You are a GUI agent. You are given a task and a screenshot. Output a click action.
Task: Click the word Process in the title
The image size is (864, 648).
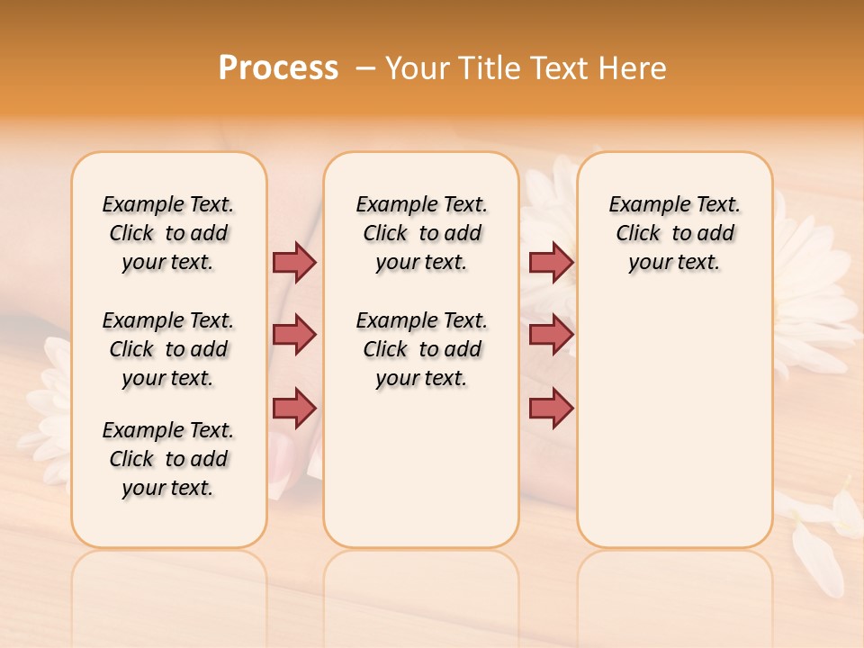(x=278, y=68)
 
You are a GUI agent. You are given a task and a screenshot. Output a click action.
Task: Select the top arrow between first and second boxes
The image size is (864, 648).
(x=294, y=262)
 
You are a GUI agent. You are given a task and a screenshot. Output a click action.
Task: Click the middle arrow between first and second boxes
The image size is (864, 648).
(x=294, y=335)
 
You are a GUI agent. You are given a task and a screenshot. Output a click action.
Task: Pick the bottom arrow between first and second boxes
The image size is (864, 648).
(x=294, y=408)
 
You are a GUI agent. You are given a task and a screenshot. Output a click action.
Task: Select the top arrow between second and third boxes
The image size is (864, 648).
(x=551, y=262)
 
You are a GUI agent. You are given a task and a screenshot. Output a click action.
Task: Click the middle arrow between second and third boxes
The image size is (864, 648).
(x=551, y=335)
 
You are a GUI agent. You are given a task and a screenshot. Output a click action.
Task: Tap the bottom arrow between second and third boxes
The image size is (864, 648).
(x=551, y=408)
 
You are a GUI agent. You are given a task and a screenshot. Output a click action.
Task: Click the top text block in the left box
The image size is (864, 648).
(x=168, y=233)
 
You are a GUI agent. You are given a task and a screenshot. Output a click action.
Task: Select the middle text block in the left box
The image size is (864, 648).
(x=168, y=349)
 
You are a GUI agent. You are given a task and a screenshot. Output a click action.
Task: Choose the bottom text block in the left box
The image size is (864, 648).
(x=168, y=459)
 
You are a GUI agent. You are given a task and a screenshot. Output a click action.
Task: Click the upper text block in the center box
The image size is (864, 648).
(x=421, y=233)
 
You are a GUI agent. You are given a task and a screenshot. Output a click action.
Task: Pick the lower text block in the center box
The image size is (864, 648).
(x=421, y=349)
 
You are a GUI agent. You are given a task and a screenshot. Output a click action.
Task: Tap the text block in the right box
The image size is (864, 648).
(x=674, y=233)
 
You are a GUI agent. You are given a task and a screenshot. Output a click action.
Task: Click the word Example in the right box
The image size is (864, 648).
(x=642, y=205)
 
